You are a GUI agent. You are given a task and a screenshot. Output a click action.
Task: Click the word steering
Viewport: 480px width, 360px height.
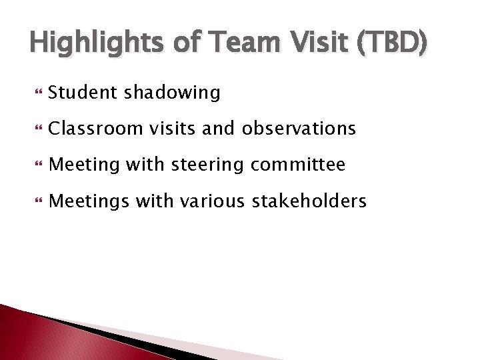click(x=208, y=164)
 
